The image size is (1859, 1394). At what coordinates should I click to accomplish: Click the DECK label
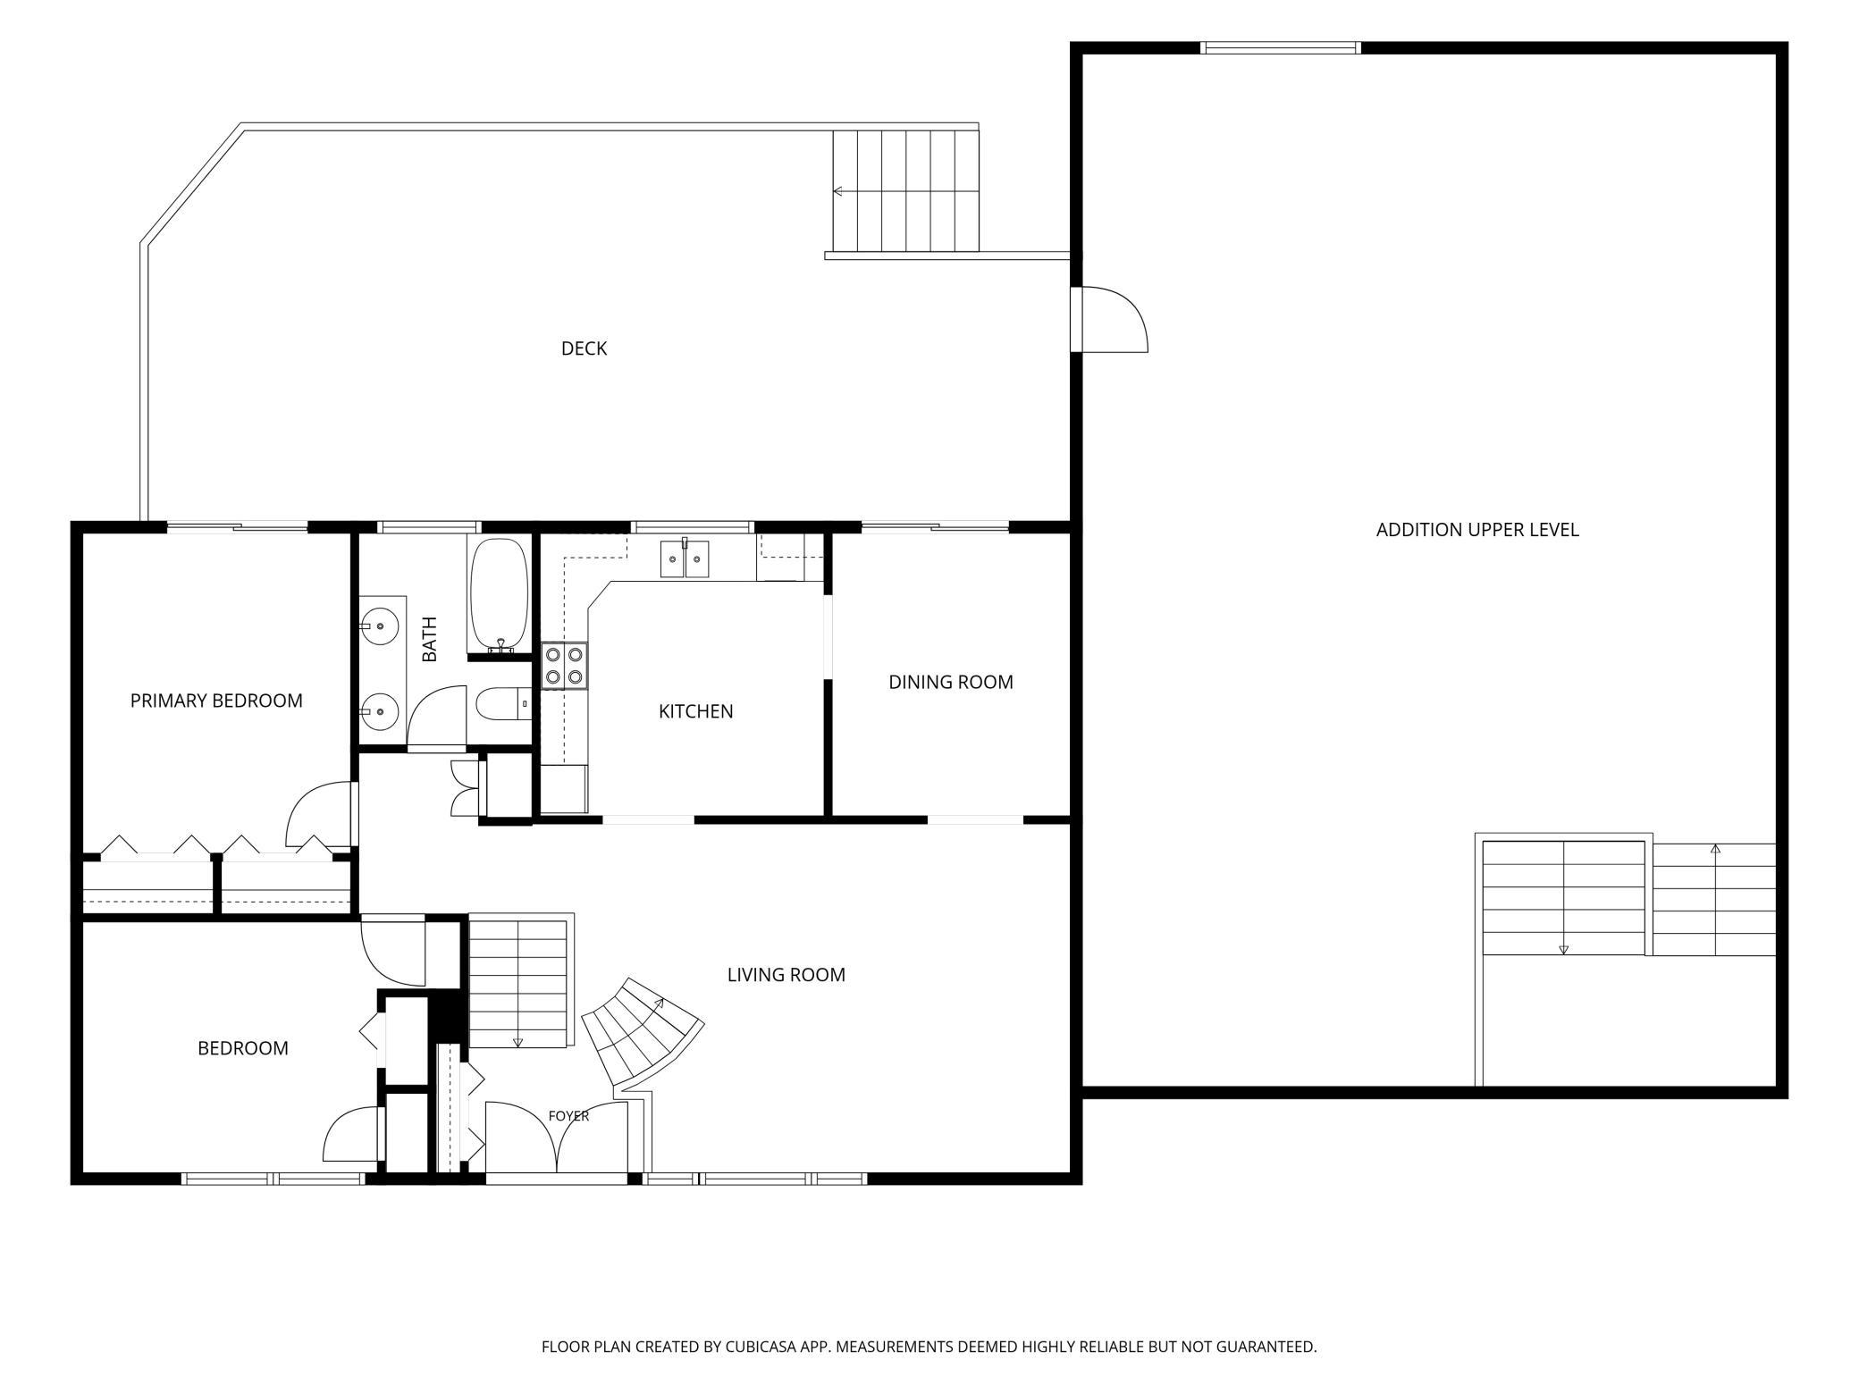click(x=584, y=348)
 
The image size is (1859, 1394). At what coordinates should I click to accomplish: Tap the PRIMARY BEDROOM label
click(x=216, y=701)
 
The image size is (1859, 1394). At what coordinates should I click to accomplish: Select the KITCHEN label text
click(x=695, y=711)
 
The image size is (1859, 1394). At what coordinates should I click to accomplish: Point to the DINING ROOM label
click(x=950, y=682)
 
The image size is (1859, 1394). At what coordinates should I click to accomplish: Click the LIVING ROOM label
click(x=786, y=974)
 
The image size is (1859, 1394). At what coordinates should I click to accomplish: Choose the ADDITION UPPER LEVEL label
click(x=1477, y=530)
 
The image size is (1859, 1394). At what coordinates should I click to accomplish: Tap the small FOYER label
click(x=568, y=1116)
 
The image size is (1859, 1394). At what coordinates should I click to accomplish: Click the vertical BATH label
click(x=430, y=639)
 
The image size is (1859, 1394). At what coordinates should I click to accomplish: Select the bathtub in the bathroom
click(x=498, y=595)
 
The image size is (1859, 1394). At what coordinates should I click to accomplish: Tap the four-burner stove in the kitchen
click(x=565, y=666)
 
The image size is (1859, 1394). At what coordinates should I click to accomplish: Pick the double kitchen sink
click(x=685, y=558)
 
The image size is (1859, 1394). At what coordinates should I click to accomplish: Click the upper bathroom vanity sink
click(x=383, y=625)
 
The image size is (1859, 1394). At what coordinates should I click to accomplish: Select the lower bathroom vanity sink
click(x=383, y=711)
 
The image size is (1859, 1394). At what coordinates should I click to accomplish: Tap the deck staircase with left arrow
click(x=906, y=191)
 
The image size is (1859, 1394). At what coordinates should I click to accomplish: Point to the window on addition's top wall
click(x=1281, y=47)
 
